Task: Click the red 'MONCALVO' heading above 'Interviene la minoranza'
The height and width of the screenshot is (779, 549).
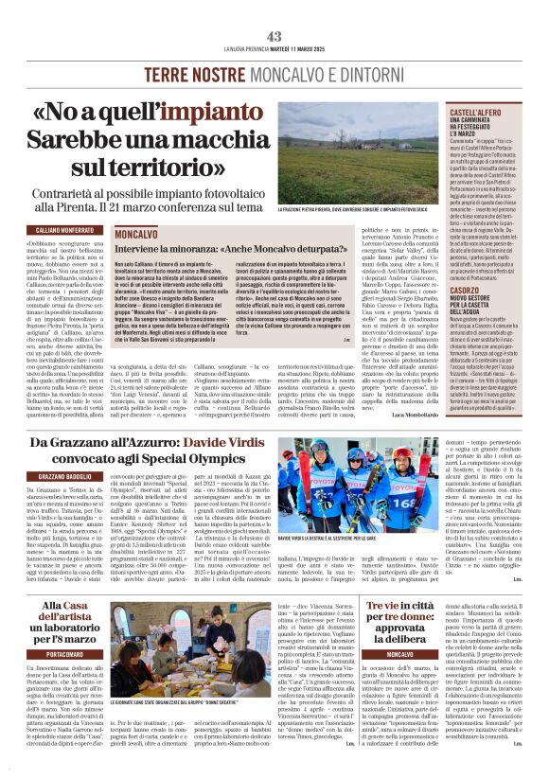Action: point(135,233)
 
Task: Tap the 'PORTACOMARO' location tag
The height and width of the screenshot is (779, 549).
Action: point(53,652)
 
